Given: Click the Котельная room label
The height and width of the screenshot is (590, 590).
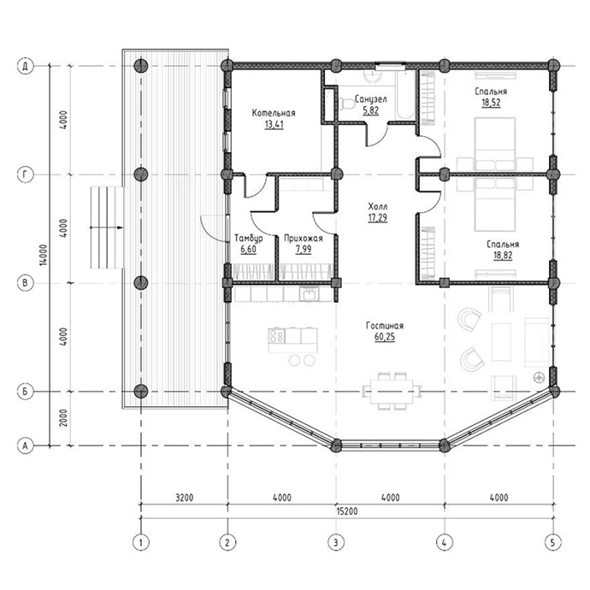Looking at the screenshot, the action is click(274, 113).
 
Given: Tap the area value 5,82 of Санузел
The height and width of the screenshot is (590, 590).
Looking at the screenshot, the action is click(370, 110).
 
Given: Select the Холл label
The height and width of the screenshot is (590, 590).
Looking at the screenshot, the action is click(377, 206).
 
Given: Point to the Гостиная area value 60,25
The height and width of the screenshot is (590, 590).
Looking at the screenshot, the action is click(385, 336).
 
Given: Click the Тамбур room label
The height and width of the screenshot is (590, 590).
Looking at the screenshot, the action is click(248, 239).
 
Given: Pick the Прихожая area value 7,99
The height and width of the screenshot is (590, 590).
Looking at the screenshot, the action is click(304, 249).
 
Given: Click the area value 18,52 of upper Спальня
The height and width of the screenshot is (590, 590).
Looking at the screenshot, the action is click(491, 103).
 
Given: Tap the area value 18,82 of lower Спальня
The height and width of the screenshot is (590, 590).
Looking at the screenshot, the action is click(503, 256).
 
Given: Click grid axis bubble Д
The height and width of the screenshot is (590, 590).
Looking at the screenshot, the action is click(25, 66).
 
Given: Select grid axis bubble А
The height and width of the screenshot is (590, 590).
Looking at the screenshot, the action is click(25, 445).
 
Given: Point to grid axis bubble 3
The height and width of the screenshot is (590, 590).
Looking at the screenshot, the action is click(336, 543).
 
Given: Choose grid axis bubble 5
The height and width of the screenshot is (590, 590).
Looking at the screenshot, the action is click(552, 543).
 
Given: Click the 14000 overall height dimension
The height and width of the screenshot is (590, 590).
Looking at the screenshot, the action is click(44, 256).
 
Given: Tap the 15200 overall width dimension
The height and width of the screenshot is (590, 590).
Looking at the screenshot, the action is click(346, 511).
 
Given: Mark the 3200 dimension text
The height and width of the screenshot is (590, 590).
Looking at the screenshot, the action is click(185, 498).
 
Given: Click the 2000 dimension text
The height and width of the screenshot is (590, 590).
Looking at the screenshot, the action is click(63, 417).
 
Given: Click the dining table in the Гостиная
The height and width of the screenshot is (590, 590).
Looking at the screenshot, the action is click(392, 392).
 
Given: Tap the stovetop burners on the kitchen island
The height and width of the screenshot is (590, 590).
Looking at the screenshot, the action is click(276, 336).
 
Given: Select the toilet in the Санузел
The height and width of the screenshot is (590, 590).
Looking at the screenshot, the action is click(346, 103).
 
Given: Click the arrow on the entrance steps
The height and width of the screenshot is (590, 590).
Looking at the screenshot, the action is click(107, 227).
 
